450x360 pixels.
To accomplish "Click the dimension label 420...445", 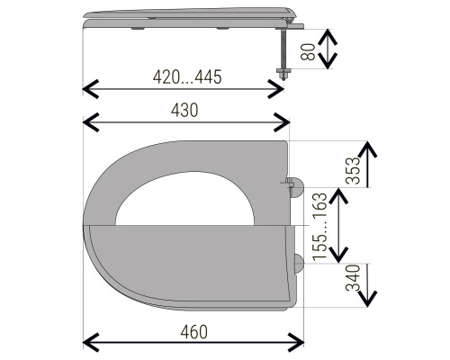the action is tap(187, 76).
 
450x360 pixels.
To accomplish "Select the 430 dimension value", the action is tap(184, 110).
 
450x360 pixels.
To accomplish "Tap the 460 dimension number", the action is tap(194, 332).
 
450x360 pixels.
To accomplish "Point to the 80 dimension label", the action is tap(308, 52).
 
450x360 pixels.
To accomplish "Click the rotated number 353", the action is tap(352, 170).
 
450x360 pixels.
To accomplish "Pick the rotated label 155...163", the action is tap(319, 227).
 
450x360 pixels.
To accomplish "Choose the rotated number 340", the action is tap(353, 278).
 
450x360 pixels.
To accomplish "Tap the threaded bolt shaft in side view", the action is tap(283, 49).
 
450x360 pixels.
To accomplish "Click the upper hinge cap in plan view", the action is tap(297, 187).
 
